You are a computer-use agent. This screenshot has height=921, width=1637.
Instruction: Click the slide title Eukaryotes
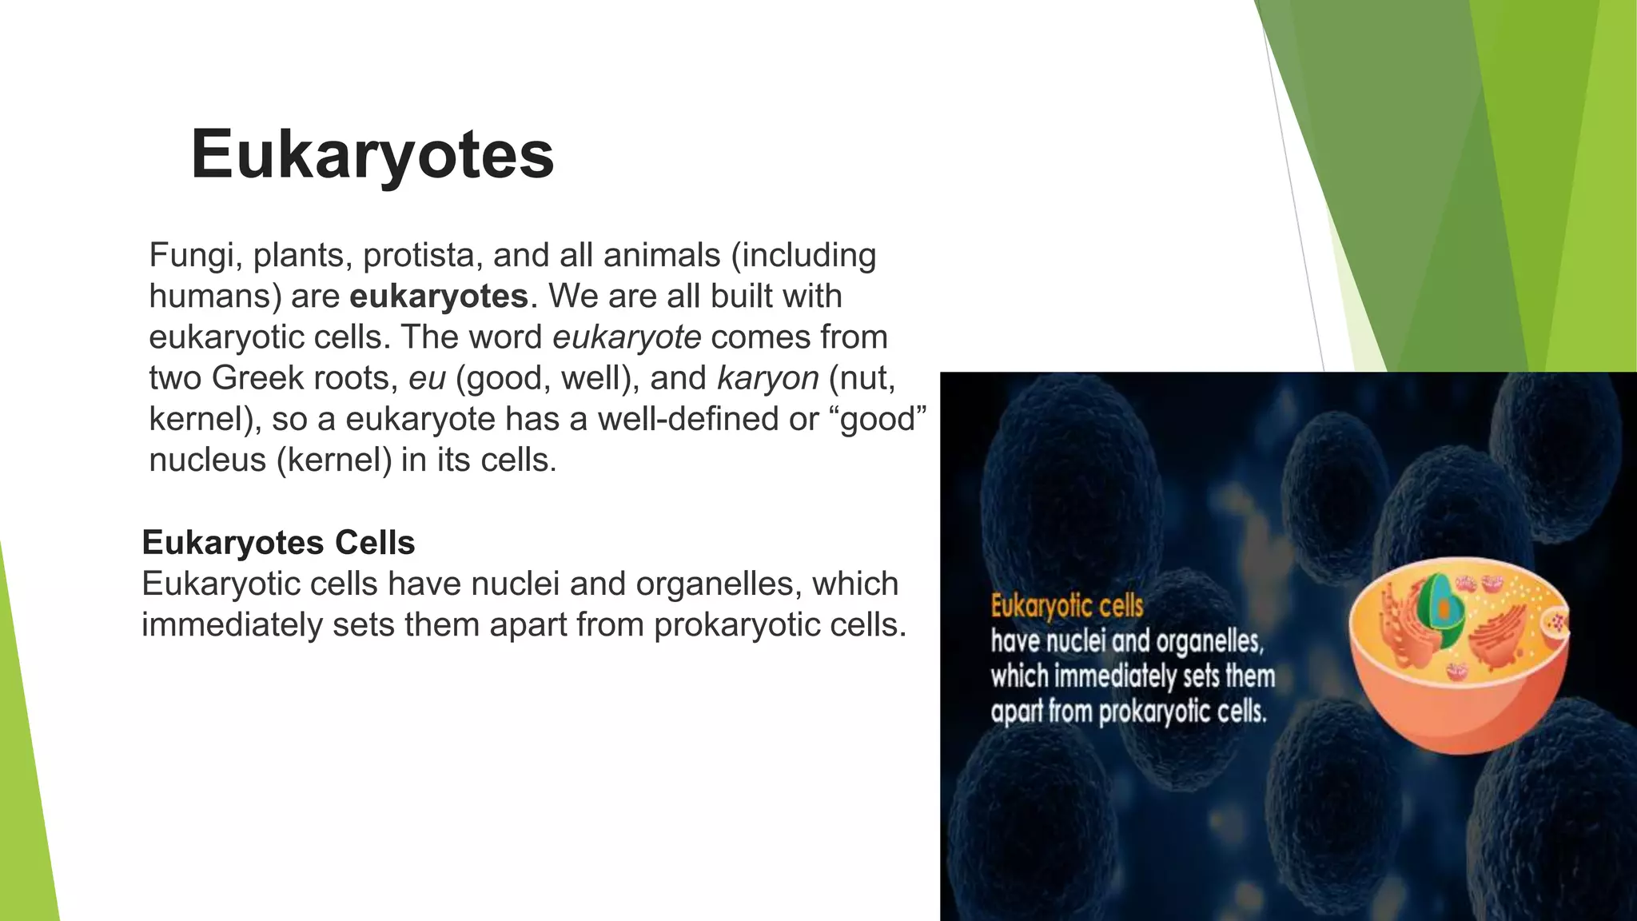[372, 154]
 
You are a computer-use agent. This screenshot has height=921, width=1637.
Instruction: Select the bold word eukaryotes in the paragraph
[439, 297]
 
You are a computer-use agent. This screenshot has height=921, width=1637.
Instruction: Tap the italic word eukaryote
[627, 337]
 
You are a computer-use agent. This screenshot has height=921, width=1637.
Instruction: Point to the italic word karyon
[767, 378]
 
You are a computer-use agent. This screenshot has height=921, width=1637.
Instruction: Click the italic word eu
[427, 378]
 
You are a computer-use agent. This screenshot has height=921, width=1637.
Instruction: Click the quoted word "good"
[883, 419]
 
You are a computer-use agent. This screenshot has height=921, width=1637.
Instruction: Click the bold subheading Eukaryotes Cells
[278, 543]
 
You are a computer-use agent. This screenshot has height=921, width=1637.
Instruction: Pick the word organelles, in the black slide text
[719, 584]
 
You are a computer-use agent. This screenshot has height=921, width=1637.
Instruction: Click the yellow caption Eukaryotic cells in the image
[1067, 606]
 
